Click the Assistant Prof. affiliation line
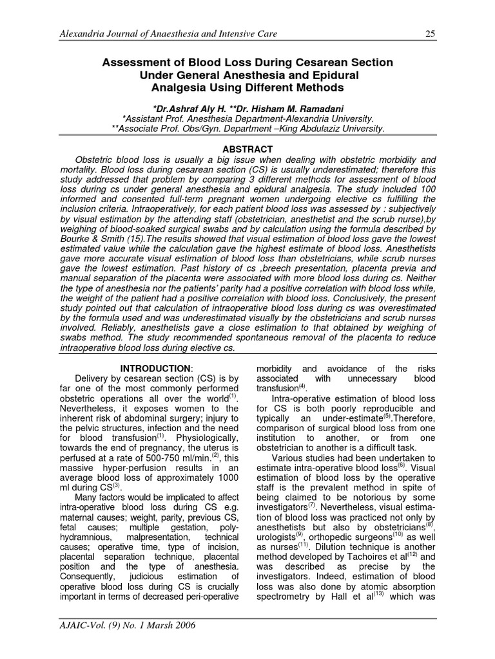[247, 118]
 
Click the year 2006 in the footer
[183, 625]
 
